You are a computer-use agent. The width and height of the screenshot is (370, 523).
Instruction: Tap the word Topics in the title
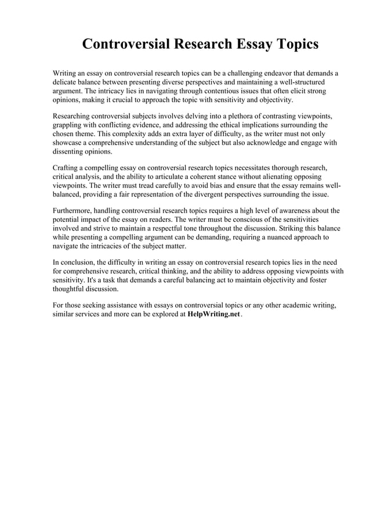pyautogui.click(x=292, y=45)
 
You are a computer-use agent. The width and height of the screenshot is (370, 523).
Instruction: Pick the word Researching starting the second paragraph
pyautogui.click(x=74, y=116)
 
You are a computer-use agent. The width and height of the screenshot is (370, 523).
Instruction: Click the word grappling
pyautogui.click(x=68, y=125)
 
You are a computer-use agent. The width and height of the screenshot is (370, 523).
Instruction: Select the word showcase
pyautogui.click(x=68, y=143)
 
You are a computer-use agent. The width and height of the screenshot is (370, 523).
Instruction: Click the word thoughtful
pyautogui.click(x=72, y=288)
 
